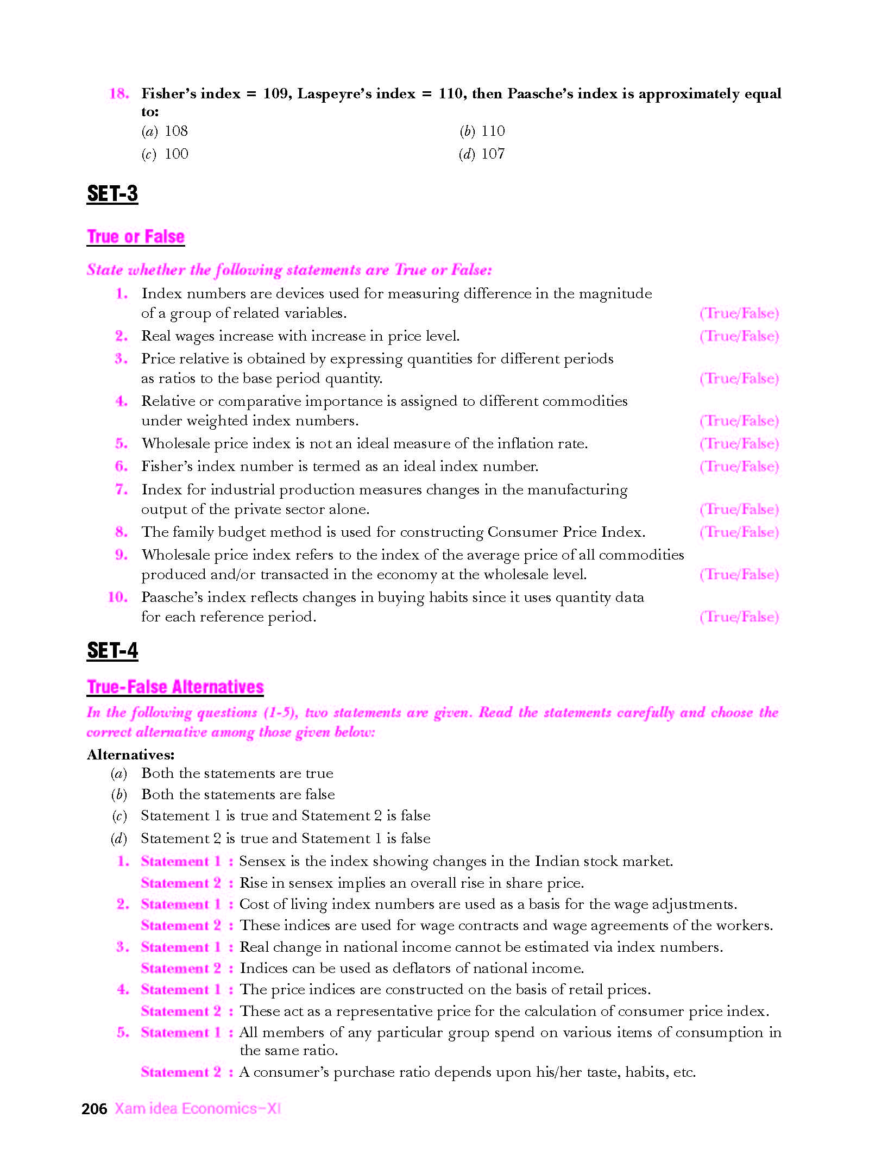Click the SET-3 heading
click(x=112, y=194)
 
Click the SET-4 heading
click(x=112, y=651)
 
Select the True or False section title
click(x=136, y=237)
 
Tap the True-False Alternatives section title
click(x=175, y=687)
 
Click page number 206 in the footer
click(x=94, y=1109)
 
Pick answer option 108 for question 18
click(x=176, y=131)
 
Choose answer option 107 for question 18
click(x=493, y=154)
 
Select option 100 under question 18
click(x=176, y=154)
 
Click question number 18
click(x=119, y=93)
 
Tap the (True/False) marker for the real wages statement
click(x=739, y=336)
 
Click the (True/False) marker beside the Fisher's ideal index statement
click(x=739, y=467)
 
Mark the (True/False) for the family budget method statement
click(x=739, y=532)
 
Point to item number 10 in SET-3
click(x=117, y=598)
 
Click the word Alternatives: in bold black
click(x=130, y=755)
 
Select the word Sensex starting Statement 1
click(x=262, y=862)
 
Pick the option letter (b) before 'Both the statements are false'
click(x=119, y=795)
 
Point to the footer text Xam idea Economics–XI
click(x=197, y=1109)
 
